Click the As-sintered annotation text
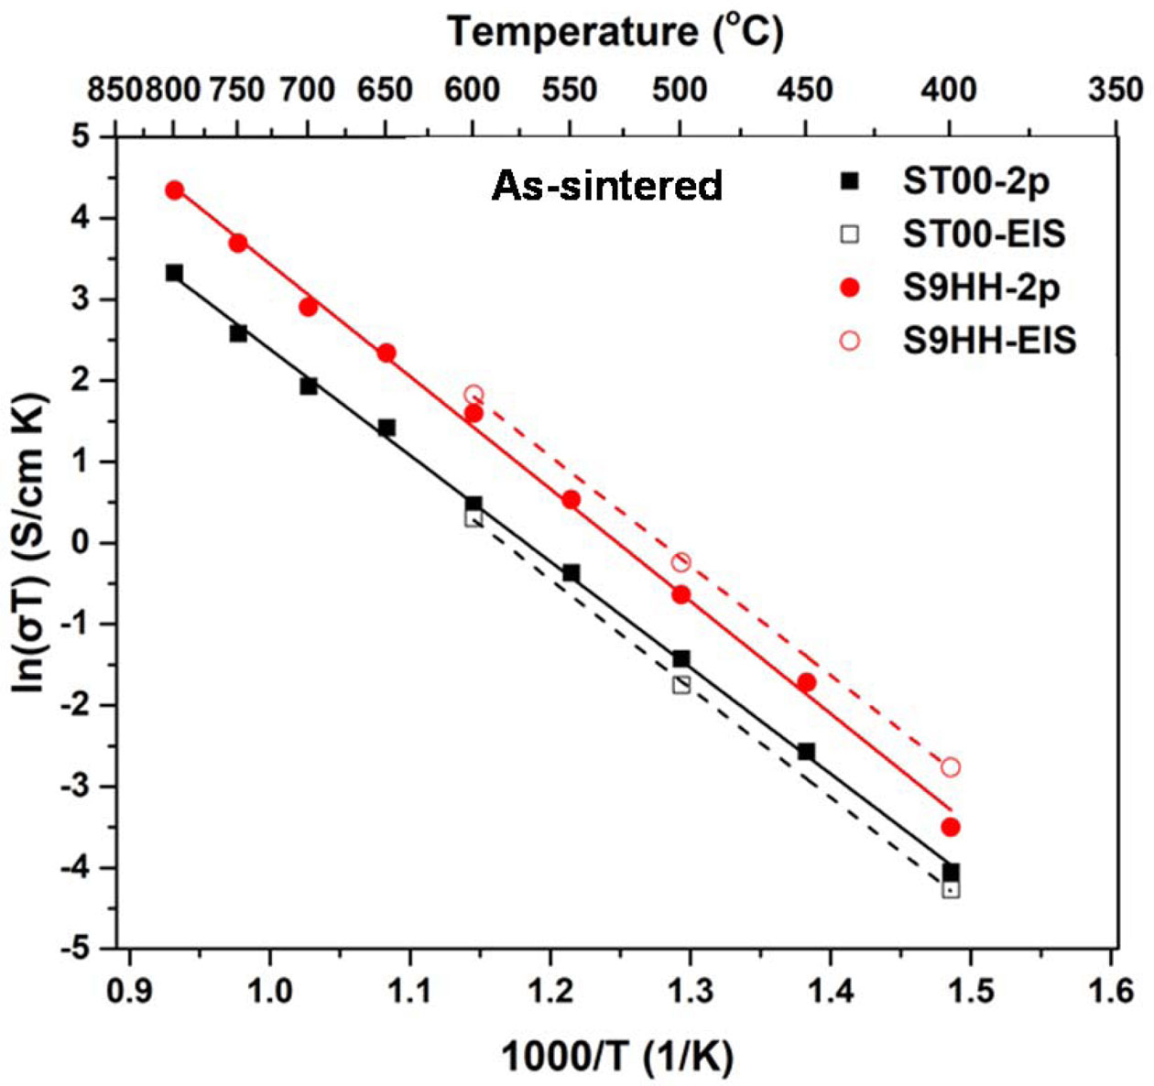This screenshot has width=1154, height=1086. click(x=607, y=186)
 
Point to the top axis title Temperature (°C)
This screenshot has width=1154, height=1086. click(x=615, y=32)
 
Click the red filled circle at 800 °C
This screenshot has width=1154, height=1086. click(x=174, y=190)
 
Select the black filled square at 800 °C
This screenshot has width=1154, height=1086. click(x=174, y=273)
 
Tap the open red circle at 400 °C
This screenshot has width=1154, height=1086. click(x=951, y=766)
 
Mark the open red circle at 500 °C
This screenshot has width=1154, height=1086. click(x=680, y=562)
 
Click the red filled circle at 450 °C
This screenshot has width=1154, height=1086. click(x=806, y=682)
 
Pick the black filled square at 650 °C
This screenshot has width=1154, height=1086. click(x=386, y=428)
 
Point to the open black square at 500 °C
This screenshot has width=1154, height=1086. click(x=680, y=685)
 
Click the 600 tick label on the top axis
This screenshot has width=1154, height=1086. click(x=473, y=90)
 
